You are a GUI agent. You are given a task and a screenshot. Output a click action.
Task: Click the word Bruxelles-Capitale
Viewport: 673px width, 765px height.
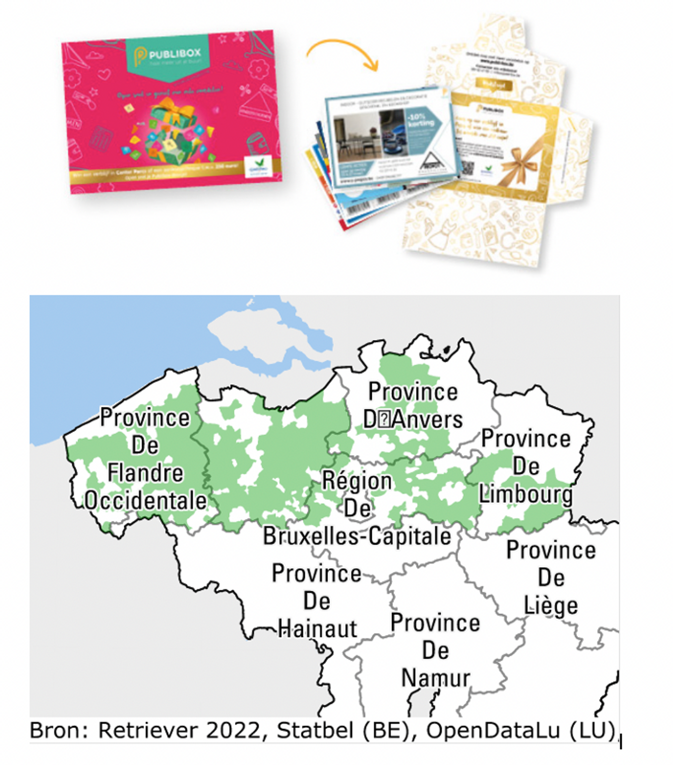[357, 536]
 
